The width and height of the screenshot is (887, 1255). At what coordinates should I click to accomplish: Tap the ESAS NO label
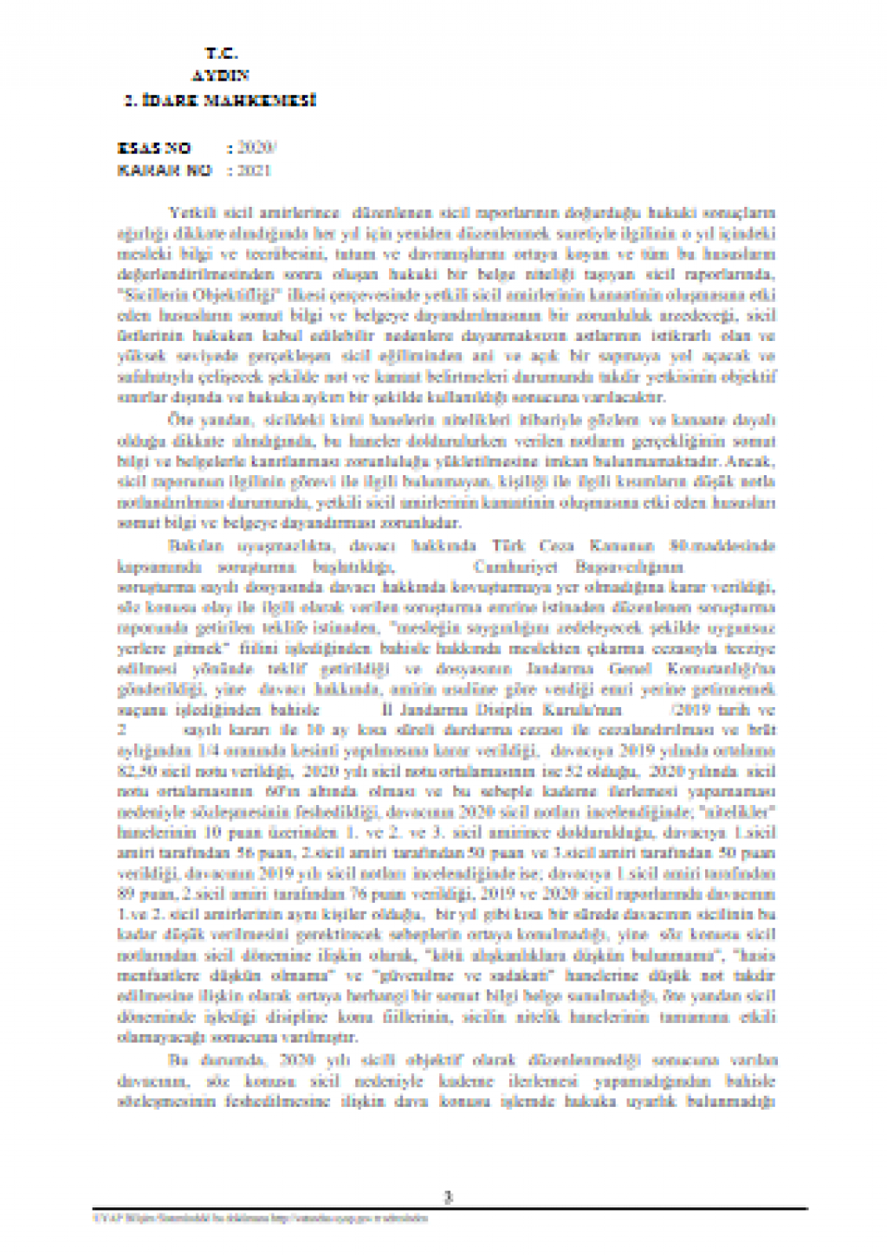[x=153, y=148]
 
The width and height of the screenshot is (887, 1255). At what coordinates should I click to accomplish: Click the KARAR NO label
[x=165, y=171]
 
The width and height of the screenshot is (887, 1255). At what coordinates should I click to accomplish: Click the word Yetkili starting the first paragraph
[x=190, y=212]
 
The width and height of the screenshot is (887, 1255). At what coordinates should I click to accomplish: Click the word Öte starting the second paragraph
[x=178, y=420]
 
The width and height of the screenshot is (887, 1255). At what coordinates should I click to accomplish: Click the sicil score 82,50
[x=135, y=771]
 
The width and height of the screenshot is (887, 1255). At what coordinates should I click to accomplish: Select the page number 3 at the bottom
[x=448, y=1198]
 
